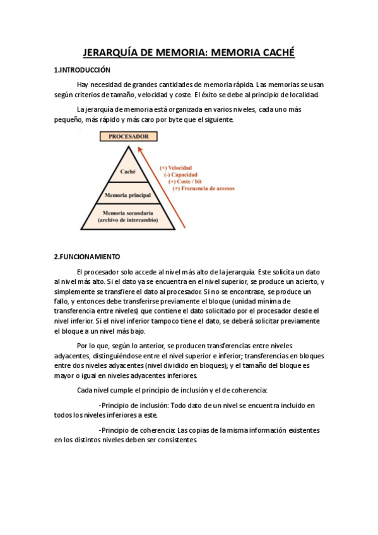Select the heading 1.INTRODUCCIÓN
click(x=82, y=70)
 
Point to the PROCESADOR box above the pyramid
click(x=129, y=136)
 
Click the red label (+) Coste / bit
click(x=186, y=181)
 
